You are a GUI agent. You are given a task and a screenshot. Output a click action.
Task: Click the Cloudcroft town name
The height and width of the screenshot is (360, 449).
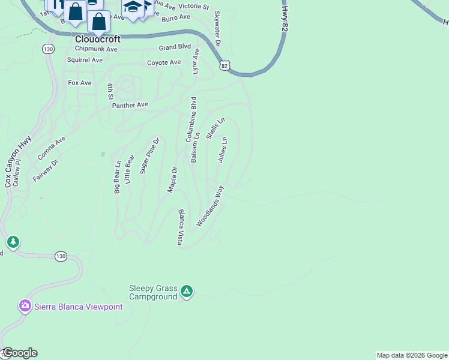point(98,39)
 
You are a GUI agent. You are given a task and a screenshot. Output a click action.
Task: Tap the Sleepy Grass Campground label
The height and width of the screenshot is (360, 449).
point(153,292)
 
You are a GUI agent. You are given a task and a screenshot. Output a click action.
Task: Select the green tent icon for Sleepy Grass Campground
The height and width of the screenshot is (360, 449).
point(187,292)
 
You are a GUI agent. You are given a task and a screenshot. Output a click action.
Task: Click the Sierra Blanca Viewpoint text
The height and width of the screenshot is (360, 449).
point(78,307)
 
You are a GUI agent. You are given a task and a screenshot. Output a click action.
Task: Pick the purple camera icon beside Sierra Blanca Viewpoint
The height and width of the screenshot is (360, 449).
point(25,306)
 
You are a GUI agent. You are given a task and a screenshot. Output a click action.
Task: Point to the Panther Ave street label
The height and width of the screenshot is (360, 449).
point(130,105)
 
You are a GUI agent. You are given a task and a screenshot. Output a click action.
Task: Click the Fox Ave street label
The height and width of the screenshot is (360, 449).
point(80,83)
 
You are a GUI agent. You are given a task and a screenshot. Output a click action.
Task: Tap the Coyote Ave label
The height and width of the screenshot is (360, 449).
point(164,62)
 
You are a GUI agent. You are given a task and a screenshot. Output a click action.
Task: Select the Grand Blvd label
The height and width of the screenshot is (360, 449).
point(175,47)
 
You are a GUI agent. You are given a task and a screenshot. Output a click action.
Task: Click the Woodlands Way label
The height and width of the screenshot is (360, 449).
point(209,206)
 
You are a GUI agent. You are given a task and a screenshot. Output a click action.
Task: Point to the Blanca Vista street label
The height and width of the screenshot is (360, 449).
point(179,227)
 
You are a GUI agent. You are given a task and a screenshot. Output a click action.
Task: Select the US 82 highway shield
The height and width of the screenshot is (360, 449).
point(224,66)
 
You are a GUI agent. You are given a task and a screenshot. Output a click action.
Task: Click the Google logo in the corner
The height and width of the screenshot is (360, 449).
point(20,353)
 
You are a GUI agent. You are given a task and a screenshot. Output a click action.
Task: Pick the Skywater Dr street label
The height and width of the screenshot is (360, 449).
point(217,29)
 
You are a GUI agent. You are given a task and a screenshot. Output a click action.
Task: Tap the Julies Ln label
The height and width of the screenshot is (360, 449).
point(221,149)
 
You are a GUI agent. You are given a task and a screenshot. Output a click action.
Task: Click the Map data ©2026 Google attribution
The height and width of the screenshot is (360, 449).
point(412,355)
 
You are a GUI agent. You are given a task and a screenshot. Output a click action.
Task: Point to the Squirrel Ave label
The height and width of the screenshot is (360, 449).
point(85,60)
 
